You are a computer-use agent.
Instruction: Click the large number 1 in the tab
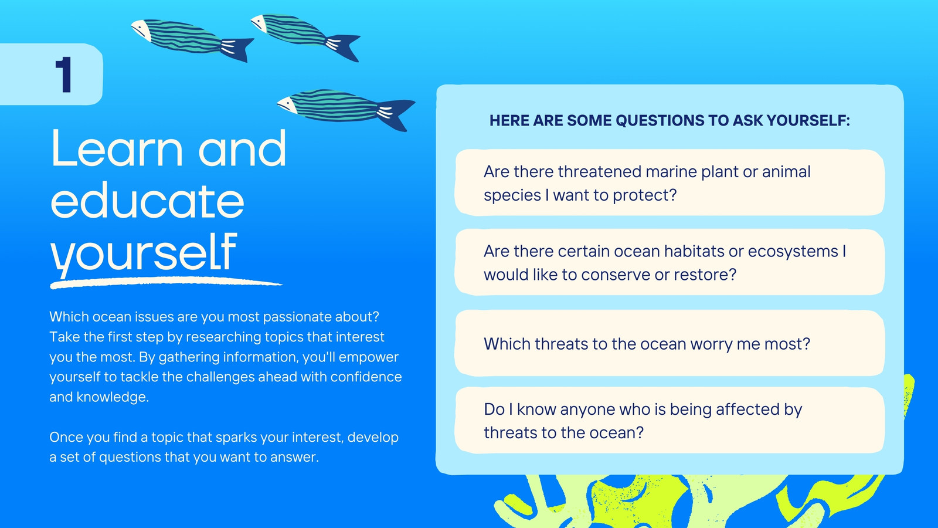64,75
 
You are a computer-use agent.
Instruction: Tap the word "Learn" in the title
117,149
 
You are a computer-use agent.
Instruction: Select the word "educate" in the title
147,201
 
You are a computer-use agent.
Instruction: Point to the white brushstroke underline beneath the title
166,283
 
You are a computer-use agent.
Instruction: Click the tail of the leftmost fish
237,49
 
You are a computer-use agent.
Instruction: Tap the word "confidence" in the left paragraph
366,377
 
